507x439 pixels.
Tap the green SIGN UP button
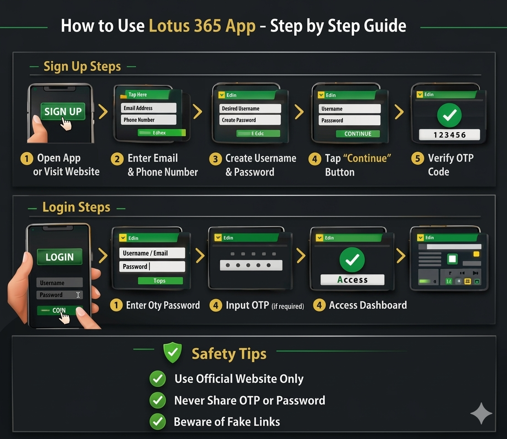pos(63,112)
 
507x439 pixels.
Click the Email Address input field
pos(149,108)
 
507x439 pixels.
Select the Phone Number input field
pos(149,120)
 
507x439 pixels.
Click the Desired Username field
pos(251,108)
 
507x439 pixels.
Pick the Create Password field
pos(251,120)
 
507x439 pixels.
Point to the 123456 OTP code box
pos(449,135)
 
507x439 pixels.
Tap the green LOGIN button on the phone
pos(59,257)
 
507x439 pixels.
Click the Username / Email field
pos(152,253)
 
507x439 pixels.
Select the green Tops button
pos(160,281)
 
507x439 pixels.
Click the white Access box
pos(352,280)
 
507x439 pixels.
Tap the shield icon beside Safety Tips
pos(173,353)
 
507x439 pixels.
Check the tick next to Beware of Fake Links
pos(158,422)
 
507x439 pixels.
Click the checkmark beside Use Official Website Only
pos(158,379)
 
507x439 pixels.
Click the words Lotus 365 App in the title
pos(202,26)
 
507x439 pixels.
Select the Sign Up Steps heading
pos(82,66)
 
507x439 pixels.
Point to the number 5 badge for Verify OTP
pos(417,159)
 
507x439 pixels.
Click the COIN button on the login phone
pos(59,311)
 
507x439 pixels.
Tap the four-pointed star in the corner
pos(481,413)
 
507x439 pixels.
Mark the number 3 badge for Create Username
pos(215,159)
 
